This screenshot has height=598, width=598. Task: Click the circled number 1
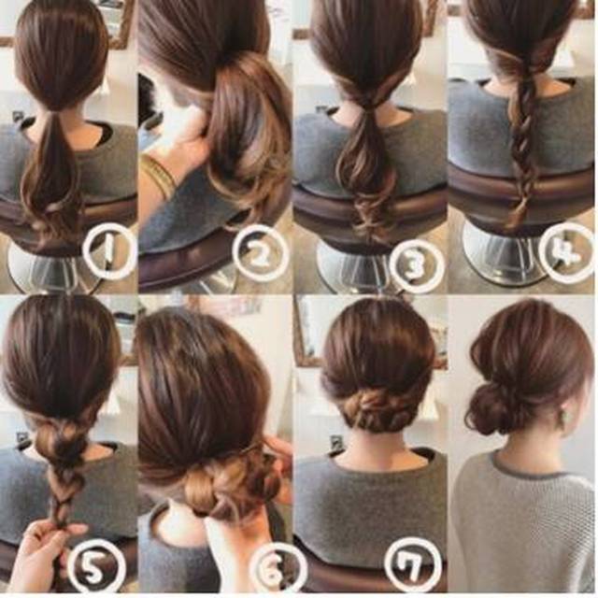109,251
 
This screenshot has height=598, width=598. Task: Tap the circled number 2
261,253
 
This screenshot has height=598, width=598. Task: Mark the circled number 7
413,564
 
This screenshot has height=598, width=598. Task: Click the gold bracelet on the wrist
159,177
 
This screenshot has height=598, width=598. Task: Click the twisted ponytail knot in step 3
367,101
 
